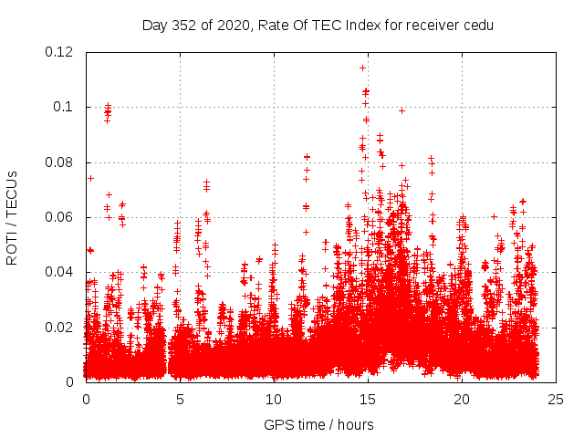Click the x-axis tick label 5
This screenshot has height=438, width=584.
(180, 399)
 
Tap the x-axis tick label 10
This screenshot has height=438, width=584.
(274, 399)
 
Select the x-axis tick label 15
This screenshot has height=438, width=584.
(368, 399)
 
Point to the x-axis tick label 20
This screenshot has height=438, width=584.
(462, 399)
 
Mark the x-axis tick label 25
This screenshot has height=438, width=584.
(556, 399)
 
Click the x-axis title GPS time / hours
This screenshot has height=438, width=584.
(318, 424)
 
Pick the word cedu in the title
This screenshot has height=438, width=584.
(478, 26)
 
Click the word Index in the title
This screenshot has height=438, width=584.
(363, 26)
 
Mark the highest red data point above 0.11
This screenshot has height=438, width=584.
(363, 68)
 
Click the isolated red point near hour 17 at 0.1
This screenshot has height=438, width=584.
(401, 110)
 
